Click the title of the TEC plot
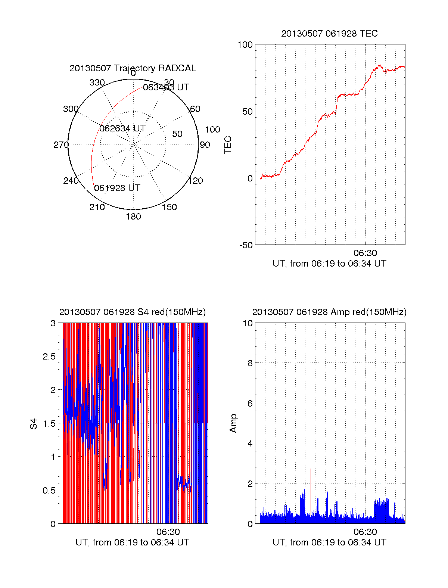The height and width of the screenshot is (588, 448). coord(329,34)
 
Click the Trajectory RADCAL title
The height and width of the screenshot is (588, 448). coord(133,68)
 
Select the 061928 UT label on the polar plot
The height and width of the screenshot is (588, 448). coord(117,188)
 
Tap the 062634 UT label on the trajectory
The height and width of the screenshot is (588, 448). coord(122,128)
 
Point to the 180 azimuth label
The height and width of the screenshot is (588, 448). coord(133,217)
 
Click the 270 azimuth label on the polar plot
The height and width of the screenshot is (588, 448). coord(61,145)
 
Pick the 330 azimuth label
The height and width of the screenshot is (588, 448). coord(97,83)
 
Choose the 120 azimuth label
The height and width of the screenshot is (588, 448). coord(196,181)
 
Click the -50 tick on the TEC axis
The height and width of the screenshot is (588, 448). coord(246,245)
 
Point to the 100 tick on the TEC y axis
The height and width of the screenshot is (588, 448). coord(245,45)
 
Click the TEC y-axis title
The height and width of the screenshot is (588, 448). coord(228,145)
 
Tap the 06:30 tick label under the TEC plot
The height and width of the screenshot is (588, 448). coord(365,253)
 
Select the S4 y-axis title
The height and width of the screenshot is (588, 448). coord(34,424)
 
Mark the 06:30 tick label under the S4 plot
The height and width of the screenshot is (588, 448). coord(168,532)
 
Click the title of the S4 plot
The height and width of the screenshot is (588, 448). coord(133,312)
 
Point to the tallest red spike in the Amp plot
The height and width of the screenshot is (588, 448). coord(381,386)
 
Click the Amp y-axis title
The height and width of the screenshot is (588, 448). coord(233,423)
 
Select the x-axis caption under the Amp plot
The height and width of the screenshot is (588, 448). coord(329,542)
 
